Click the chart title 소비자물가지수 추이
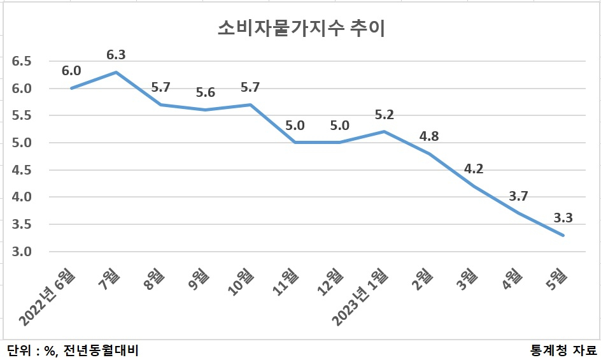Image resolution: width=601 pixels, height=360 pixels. [301, 29]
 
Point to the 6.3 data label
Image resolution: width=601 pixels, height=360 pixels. [116, 55]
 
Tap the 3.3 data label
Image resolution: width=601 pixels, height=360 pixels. [563, 218]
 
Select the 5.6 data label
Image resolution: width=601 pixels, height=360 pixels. [206, 92]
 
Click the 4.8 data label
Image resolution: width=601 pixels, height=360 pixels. [429, 136]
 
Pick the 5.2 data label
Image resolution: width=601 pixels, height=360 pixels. [384, 115]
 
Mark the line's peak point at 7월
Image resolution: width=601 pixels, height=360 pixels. [116, 72]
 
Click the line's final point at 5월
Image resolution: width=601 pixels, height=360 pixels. [563, 235]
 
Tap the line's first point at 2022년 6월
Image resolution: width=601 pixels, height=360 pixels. [71, 89]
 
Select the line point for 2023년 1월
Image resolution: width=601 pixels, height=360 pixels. [384, 132]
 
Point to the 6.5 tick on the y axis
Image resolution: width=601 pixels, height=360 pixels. [22, 61]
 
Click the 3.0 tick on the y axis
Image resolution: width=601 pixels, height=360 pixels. [22, 252]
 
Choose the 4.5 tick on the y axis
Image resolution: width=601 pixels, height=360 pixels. [22, 170]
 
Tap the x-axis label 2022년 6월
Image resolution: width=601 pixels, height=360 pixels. [47, 298]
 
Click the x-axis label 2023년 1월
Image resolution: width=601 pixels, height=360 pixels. [360, 298]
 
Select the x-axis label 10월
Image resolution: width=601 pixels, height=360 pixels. [241, 282]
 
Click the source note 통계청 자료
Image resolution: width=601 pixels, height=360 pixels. [563, 350]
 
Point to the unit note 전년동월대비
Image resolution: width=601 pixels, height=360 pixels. [101, 350]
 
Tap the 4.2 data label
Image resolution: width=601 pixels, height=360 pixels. [474, 169]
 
